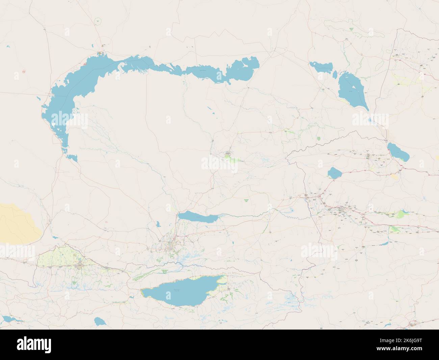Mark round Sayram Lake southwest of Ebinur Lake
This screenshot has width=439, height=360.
334,173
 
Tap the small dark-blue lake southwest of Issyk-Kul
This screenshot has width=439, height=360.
99,321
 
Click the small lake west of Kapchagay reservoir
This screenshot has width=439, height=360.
158,223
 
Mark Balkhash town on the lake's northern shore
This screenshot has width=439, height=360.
100,53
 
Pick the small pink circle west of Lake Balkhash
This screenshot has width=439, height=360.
24,71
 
